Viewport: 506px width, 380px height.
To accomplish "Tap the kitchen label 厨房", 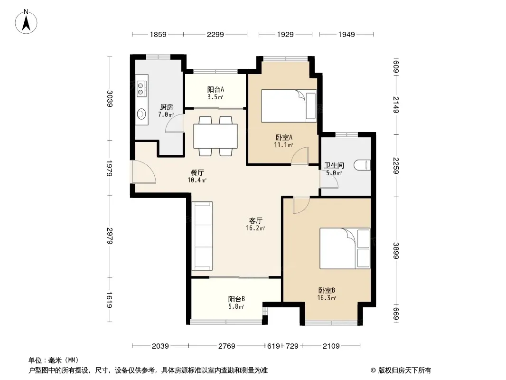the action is tap(167, 107).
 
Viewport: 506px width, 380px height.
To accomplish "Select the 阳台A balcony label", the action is tap(216, 89).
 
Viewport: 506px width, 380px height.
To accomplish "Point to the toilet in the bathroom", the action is tap(362, 165).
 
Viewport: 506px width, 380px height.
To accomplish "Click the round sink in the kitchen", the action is tap(141, 114).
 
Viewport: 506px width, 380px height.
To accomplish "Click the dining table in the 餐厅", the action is tap(216, 136).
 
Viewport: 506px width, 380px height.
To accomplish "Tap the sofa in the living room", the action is tap(202, 236).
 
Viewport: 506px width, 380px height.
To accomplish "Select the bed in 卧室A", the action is tap(289, 106).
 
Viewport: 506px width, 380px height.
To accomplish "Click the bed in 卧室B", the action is tap(345, 248).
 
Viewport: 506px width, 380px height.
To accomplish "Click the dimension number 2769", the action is tap(227, 346).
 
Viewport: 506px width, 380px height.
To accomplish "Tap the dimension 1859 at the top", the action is tap(158, 34).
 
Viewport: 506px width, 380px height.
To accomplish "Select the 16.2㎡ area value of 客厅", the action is tap(255, 228).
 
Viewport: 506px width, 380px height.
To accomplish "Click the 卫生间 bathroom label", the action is tap(334, 166).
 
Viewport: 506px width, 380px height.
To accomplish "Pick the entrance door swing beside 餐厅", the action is tap(144, 172).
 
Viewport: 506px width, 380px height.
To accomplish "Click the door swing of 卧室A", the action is tap(300, 156).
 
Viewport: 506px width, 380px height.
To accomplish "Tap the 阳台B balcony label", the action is tap(236, 299).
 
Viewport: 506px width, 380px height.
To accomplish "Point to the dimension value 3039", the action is tap(110, 98).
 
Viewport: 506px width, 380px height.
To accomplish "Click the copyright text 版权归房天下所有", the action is tap(404, 370).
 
